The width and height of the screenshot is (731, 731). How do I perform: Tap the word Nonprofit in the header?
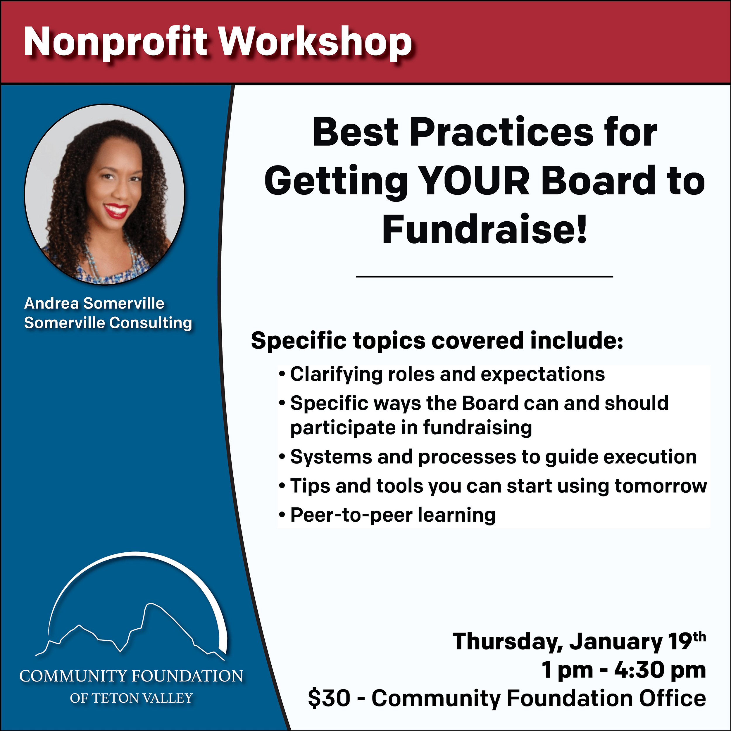coord(116,43)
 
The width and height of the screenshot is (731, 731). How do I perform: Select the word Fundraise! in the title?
coord(485,229)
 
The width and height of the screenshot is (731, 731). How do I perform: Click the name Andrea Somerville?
coord(94,304)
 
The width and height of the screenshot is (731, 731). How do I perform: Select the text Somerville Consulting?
coord(108,323)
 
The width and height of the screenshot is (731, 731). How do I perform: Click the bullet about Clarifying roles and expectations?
coord(442,375)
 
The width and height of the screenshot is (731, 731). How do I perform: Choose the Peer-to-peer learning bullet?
coord(387,515)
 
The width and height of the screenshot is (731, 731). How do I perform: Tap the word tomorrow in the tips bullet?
coord(661,485)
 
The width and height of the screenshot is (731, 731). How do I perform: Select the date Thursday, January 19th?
coord(579,641)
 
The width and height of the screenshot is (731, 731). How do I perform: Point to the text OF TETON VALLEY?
coord(131,698)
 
